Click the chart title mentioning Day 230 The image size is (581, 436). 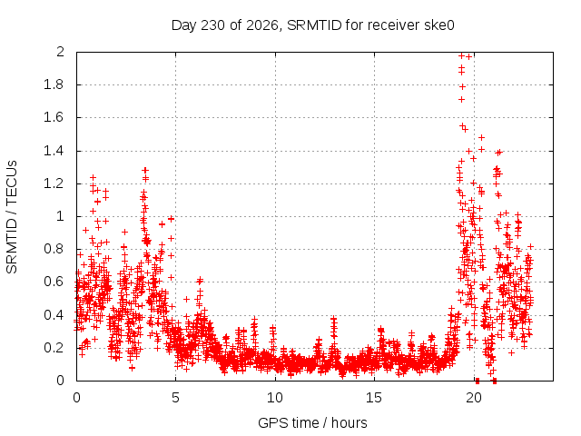coord(312,25)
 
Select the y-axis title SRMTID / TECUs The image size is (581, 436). coord(12,217)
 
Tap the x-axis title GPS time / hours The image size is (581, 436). coord(312,422)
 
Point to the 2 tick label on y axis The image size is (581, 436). coord(60,52)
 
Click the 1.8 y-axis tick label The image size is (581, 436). coord(54,84)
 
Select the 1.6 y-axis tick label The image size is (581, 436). coord(54,117)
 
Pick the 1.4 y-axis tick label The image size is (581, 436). coord(54,151)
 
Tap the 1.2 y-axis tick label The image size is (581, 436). coord(54,183)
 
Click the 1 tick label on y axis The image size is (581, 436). coord(61,216)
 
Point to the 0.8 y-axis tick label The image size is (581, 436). coord(54,249)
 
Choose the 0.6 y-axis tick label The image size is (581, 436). coord(54,282)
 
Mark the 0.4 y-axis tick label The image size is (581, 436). coord(54,315)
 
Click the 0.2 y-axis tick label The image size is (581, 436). coord(54,348)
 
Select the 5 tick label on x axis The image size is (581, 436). coord(175,398)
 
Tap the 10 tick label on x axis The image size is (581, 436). coord(275,398)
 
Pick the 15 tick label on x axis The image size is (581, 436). coord(374,398)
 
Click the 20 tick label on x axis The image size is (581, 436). coord(474,398)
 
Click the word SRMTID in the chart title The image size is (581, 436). coord(314,25)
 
